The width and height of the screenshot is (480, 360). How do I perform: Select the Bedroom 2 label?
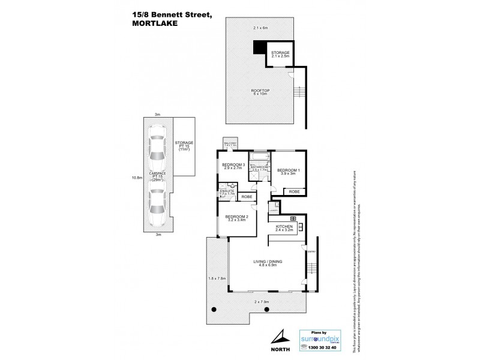click(236, 218)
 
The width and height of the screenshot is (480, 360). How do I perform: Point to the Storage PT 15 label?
click(184, 146)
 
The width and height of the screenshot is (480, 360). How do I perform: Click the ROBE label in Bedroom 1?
click(293, 192)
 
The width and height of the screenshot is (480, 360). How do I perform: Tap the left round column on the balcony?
click(213, 309)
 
